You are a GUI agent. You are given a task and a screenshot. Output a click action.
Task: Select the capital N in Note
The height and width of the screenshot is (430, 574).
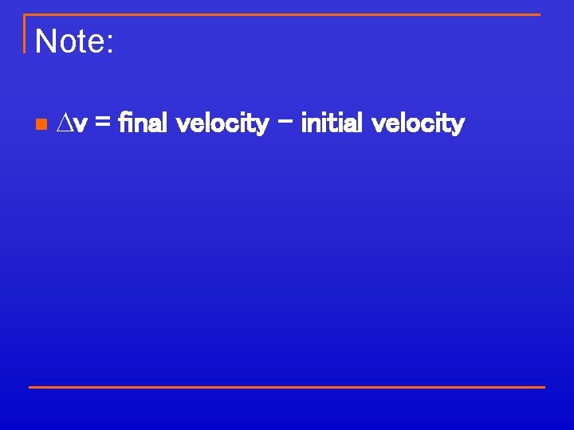[45, 41]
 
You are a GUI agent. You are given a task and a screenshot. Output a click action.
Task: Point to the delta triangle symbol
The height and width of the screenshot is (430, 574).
[67, 123]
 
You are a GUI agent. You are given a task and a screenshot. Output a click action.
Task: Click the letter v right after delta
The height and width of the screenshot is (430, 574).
[81, 125]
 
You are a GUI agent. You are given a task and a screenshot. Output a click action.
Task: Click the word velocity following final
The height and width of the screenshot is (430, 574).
[221, 124]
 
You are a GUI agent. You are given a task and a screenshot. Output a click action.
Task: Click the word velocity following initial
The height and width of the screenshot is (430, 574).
[418, 124]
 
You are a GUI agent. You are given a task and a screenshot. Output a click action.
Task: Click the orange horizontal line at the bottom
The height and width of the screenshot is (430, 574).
[286, 387]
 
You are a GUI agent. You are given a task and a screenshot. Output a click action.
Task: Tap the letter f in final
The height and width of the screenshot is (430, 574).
[122, 123]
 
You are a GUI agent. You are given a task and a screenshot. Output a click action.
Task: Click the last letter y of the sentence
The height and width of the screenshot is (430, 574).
[458, 127]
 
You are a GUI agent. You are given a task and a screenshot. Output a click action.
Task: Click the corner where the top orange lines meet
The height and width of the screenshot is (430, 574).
[25, 14]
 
